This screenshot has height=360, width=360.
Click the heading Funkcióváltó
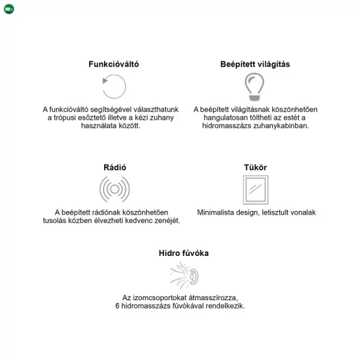pos(113,64)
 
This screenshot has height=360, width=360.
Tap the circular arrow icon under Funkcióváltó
pos(114,87)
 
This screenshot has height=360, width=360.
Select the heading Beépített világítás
pos(255,64)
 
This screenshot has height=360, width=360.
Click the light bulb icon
pos(255,86)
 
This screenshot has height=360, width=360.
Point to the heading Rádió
pos(115,167)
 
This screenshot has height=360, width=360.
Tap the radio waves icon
pos(115,189)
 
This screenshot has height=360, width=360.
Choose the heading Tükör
pos(255,167)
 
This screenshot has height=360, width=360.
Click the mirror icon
pos(255,190)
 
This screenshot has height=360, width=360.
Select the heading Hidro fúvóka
pos(184,252)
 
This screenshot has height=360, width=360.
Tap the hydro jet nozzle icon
pos(185,275)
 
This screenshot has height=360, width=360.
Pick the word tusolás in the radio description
pos(56,220)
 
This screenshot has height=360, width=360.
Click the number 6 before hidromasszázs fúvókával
pos(117,306)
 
